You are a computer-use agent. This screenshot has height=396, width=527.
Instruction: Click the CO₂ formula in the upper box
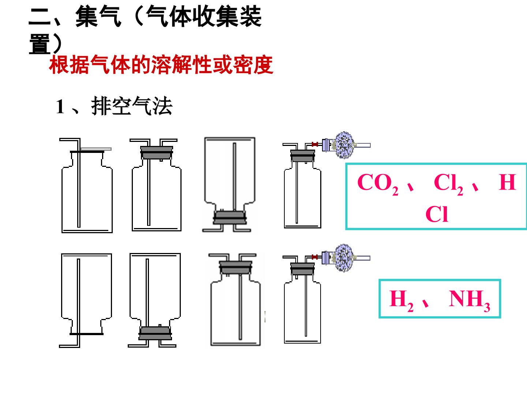coord(377,184)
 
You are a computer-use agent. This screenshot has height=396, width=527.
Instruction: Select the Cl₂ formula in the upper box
coord(448,184)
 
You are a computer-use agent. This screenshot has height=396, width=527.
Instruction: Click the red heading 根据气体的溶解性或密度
coord(161,65)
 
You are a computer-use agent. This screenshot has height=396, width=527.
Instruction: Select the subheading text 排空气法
coord(132,106)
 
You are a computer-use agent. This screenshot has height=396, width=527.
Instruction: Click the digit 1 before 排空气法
coord(60,106)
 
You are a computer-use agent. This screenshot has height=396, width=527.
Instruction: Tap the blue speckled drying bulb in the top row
coord(344,145)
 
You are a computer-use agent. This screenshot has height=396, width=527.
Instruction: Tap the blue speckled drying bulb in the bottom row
coord(344,258)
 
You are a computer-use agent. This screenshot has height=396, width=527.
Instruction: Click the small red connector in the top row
coord(315,144)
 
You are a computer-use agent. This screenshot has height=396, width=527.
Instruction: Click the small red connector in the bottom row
coord(315,257)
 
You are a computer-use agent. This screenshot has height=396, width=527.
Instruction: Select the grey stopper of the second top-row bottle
coord(157,153)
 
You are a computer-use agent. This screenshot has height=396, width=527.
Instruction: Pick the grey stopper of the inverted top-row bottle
coord(230,217)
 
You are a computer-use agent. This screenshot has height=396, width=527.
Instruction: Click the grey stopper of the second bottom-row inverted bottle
coord(155,333)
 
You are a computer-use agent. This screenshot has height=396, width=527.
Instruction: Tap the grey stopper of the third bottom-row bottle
coord(236,268)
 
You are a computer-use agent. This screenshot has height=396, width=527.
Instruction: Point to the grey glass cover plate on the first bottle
coord(96,149)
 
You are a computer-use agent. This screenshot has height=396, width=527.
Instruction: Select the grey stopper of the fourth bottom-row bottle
coord(302,269)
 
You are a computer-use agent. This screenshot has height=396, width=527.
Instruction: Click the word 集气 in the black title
coord(98,16)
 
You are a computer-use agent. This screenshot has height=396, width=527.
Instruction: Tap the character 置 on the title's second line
coord(40,44)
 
